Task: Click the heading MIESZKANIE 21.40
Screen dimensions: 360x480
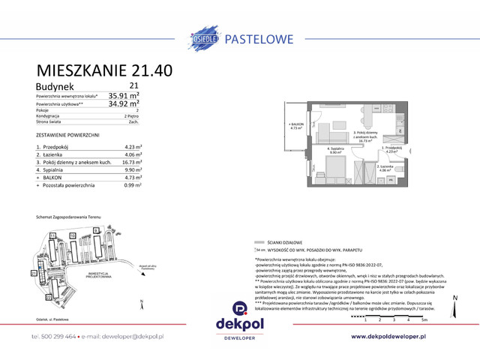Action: [x=104, y=70]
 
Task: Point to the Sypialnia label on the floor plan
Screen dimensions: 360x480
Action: [x=334, y=148]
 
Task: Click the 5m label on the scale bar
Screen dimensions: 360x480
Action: [x=424, y=319]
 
